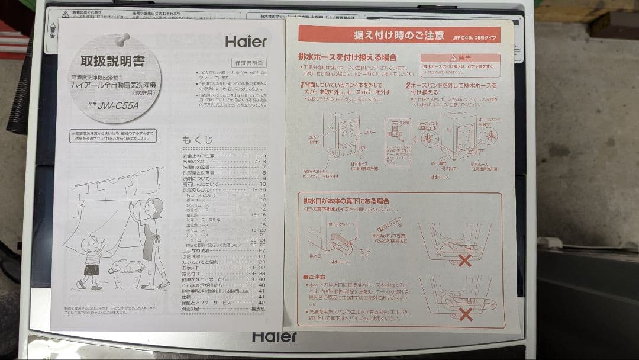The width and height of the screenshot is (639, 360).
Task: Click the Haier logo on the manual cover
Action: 246,42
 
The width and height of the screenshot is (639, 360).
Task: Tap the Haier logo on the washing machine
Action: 275,336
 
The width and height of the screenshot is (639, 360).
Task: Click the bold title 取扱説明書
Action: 112,62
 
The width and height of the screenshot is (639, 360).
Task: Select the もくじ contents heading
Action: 198,140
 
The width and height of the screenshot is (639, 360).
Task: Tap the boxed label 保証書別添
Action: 248,63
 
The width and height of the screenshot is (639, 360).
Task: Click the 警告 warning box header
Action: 460,58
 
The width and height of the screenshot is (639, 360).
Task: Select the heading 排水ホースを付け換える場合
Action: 348,58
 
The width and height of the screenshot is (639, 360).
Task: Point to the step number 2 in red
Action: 408,86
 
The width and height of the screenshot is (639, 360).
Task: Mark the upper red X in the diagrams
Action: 465,260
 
